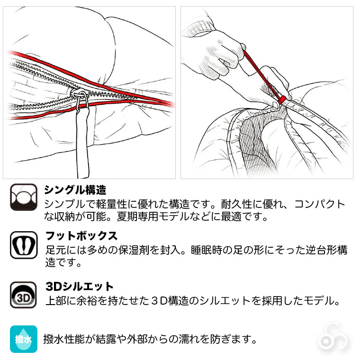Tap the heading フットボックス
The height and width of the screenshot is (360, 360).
click(x=81, y=236)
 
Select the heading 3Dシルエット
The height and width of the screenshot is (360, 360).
click(x=80, y=287)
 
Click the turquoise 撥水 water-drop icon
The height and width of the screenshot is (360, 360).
click(x=23, y=339)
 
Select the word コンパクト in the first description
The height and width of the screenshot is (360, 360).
click(x=320, y=205)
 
